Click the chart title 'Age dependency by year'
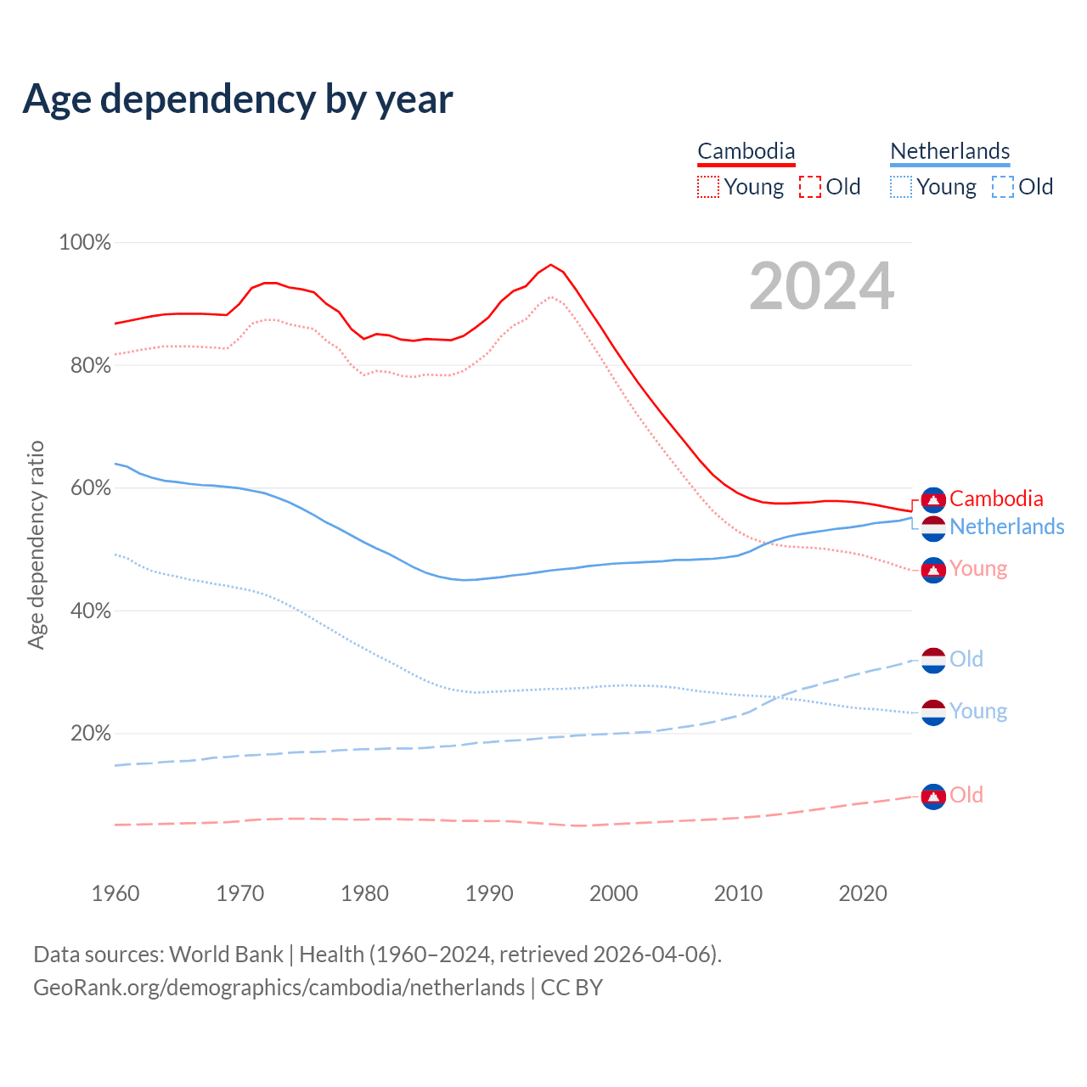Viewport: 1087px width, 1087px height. (x=238, y=99)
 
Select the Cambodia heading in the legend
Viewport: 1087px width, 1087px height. (x=746, y=151)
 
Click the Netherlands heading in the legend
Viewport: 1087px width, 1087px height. (x=949, y=151)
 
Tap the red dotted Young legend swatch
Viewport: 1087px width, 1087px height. (x=708, y=187)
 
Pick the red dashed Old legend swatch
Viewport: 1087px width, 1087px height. (x=810, y=187)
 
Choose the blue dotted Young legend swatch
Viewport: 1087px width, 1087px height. (x=901, y=187)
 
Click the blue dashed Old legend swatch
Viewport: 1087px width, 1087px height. (x=1003, y=187)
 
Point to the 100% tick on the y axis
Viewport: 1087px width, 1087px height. (x=85, y=243)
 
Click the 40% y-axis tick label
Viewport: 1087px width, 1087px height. (x=90, y=611)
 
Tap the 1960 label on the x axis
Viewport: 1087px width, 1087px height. (x=115, y=893)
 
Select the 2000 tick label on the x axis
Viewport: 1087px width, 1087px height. (x=614, y=893)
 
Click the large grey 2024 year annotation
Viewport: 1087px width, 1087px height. (x=821, y=286)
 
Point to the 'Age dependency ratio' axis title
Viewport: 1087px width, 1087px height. (x=36, y=544)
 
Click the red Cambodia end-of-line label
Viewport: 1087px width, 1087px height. (x=996, y=498)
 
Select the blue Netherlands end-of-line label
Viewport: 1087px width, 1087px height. (x=1006, y=527)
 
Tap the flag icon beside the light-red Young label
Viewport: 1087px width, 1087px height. (x=933, y=570)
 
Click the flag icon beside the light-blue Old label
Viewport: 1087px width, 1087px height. (x=933, y=660)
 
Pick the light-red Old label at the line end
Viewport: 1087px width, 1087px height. (x=966, y=795)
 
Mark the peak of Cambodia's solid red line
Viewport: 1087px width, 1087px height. (x=550, y=264)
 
